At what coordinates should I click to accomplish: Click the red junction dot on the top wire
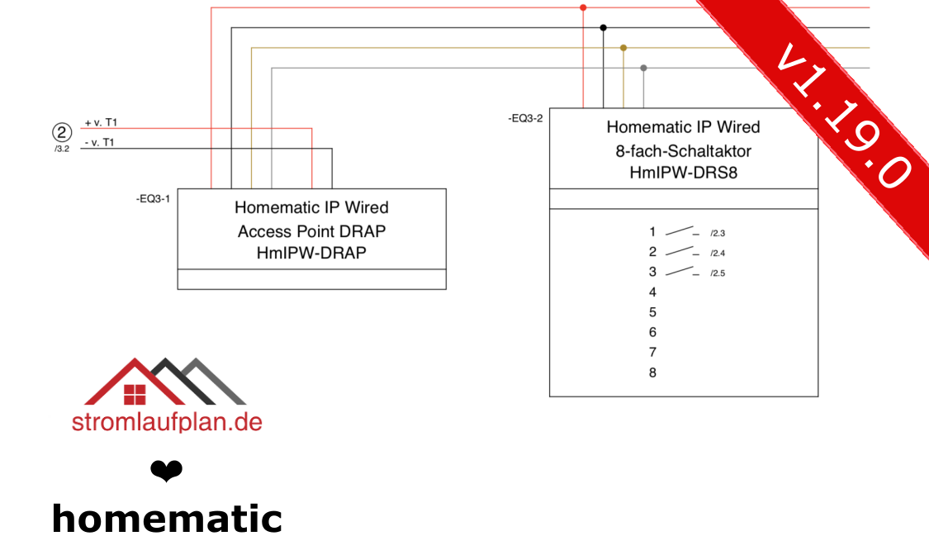click(583, 7)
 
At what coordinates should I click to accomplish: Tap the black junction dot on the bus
click(603, 28)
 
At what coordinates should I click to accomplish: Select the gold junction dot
click(623, 48)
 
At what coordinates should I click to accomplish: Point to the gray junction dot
click(643, 68)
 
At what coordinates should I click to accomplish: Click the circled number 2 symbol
click(62, 132)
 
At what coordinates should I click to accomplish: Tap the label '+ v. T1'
click(101, 122)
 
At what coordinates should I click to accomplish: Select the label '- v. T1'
click(100, 142)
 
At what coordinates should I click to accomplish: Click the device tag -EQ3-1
click(153, 199)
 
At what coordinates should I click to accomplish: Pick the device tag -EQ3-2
click(525, 118)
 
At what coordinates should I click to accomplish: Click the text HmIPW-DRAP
click(311, 254)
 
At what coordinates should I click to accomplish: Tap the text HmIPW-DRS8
click(684, 173)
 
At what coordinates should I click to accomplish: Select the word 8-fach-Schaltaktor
click(684, 151)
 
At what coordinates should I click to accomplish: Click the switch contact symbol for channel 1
click(682, 231)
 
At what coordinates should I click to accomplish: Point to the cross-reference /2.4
click(718, 254)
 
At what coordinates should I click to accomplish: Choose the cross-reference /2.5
click(718, 273)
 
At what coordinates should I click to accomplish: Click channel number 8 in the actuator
click(652, 373)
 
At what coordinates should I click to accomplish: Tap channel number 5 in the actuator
click(652, 313)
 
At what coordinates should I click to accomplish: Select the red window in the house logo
click(135, 395)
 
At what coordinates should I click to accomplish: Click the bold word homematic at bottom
click(167, 519)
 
